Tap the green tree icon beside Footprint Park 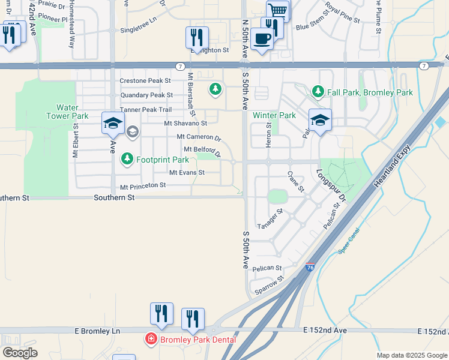click(x=127, y=160)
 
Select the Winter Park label click(x=274, y=115)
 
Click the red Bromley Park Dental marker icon click(x=150, y=340)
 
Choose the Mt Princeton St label click(x=143, y=186)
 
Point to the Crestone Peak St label click(x=145, y=80)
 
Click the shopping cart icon click(x=278, y=10)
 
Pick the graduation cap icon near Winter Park click(x=320, y=119)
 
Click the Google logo click(x=20, y=353)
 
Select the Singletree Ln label click(x=138, y=29)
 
